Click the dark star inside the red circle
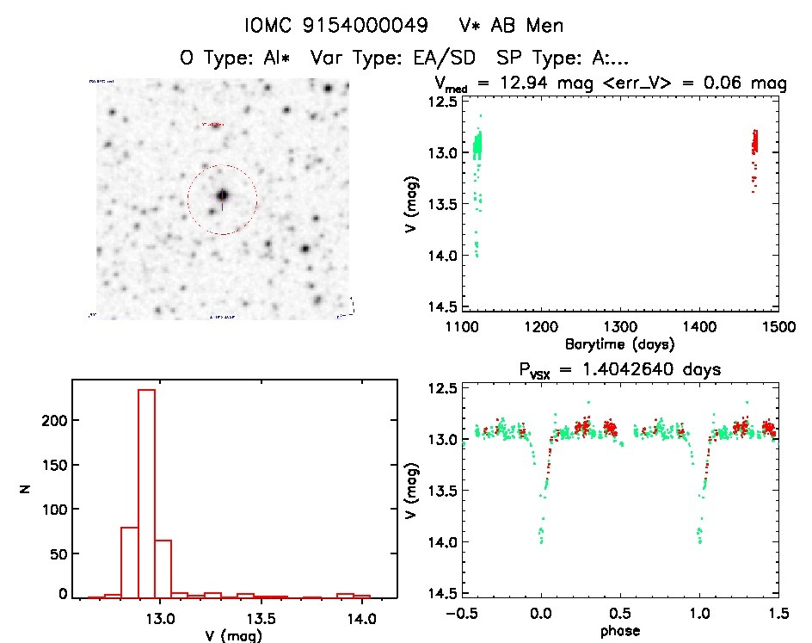(223, 196)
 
